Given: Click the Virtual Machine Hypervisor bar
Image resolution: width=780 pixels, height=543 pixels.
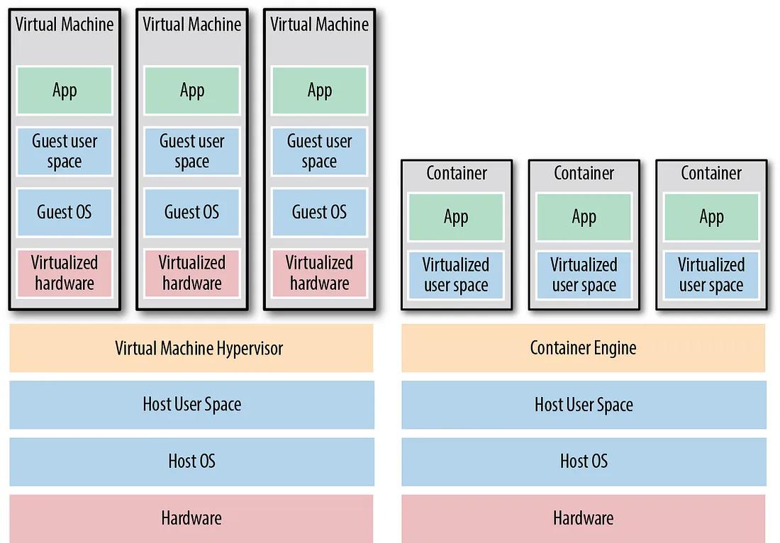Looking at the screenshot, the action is tap(191, 347).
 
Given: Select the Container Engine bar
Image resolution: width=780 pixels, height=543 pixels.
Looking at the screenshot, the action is tap(583, 347).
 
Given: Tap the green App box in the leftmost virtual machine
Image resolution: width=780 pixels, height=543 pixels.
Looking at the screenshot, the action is tap(65, 91).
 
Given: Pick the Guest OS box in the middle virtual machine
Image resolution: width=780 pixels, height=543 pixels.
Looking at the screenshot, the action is tap(192, 213).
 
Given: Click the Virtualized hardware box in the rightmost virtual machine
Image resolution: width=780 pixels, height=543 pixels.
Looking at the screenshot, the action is tap(319, 273).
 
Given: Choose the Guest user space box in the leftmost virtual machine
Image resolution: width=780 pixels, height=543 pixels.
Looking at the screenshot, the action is tap(65, 151).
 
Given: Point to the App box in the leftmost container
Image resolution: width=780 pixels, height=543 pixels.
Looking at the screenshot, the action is tap(456, 217).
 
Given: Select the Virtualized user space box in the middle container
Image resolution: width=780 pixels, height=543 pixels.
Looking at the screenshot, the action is tap(584, 275).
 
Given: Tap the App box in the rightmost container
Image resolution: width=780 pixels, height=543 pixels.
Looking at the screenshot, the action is tap(711, 217).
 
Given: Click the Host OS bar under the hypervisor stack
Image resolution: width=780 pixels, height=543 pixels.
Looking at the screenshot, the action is tap(191, 461).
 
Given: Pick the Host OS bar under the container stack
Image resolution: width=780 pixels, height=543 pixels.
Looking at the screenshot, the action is tap(584, 461).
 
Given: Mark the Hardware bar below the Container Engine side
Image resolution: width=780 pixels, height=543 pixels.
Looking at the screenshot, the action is tap(583, 519).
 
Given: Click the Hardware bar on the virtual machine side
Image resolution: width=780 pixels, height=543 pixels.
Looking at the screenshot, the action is tap(191, 519).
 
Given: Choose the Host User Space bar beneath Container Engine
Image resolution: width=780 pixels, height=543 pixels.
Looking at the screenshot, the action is tap(584, 405).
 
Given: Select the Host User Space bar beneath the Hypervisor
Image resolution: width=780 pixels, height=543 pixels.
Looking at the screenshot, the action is tap(191, 405).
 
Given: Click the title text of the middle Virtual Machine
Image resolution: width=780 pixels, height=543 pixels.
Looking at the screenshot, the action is tap(192, 24).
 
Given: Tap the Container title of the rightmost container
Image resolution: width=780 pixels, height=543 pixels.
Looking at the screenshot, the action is tap(711, 173).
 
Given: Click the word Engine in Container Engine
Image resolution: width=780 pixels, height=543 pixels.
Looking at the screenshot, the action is tap(614, 348).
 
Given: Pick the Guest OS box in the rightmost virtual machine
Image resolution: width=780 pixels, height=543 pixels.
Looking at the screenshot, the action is tap(319, 213).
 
